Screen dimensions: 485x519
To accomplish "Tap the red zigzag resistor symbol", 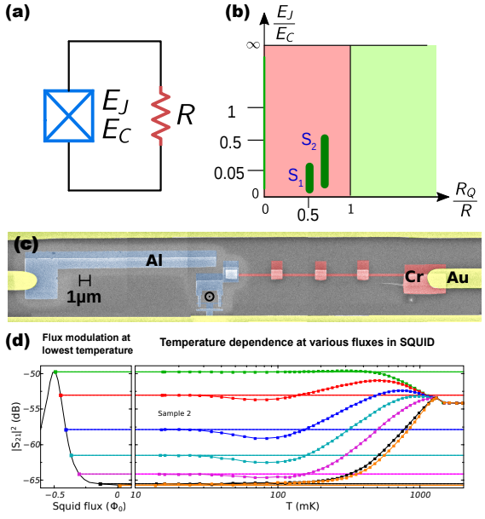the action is (x=161, y=116).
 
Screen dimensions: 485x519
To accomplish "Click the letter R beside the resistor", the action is (x=186, y=114).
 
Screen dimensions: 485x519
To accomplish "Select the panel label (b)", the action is (x=237, y=13).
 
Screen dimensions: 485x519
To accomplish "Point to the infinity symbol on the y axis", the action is (x=253, y=44).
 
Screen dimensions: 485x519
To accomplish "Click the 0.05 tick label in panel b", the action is (x=229, y=173).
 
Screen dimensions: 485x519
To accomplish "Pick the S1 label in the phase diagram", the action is (x=296, y=176).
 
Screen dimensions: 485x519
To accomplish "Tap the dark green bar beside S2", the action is (x=325, y=162).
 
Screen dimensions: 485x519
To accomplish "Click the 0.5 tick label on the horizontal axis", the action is (x=308, y=215).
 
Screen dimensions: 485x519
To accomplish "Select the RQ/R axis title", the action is (x=465, y=199).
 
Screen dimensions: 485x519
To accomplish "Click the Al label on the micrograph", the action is (x=154, y=261).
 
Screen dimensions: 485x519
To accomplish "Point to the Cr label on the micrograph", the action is (x=413, y=277).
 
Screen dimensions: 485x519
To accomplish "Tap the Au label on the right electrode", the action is (x=458, y=278).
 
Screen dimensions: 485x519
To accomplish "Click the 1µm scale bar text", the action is (x=84, y=297).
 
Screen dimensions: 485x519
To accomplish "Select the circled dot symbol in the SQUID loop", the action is (x=209, y=297).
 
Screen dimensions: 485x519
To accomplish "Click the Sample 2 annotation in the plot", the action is (x=174, y=413).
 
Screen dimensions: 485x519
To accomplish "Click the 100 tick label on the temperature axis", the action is (x=277, y=495).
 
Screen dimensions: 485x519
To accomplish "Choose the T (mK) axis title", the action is (x=303, y=506).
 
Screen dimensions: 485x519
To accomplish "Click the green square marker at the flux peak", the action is (x=55, y=372).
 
